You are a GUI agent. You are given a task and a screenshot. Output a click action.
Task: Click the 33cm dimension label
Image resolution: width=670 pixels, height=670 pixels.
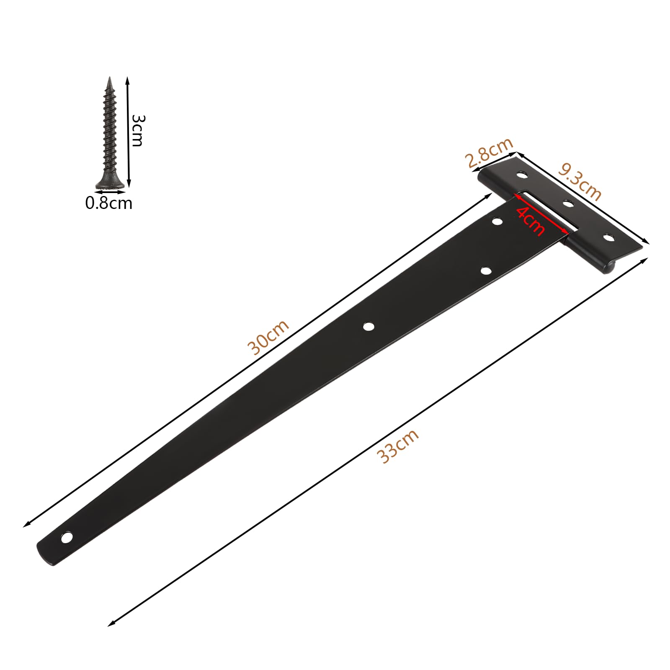(397, 446)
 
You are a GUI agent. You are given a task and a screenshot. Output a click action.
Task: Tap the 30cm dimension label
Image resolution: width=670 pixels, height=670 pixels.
(268, 337)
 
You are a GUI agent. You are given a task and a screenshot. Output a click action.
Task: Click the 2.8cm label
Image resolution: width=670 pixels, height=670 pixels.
(489, 152)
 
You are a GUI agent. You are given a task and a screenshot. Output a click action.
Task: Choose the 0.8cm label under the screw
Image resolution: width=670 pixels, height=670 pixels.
(109, 203)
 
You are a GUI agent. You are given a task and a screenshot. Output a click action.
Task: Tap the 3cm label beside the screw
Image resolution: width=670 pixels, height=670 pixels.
(137, 130)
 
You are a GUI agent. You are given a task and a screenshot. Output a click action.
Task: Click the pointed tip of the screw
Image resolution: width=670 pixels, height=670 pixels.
(110, 77)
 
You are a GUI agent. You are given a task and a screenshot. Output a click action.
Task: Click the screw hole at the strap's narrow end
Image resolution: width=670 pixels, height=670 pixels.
(67, 537)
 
